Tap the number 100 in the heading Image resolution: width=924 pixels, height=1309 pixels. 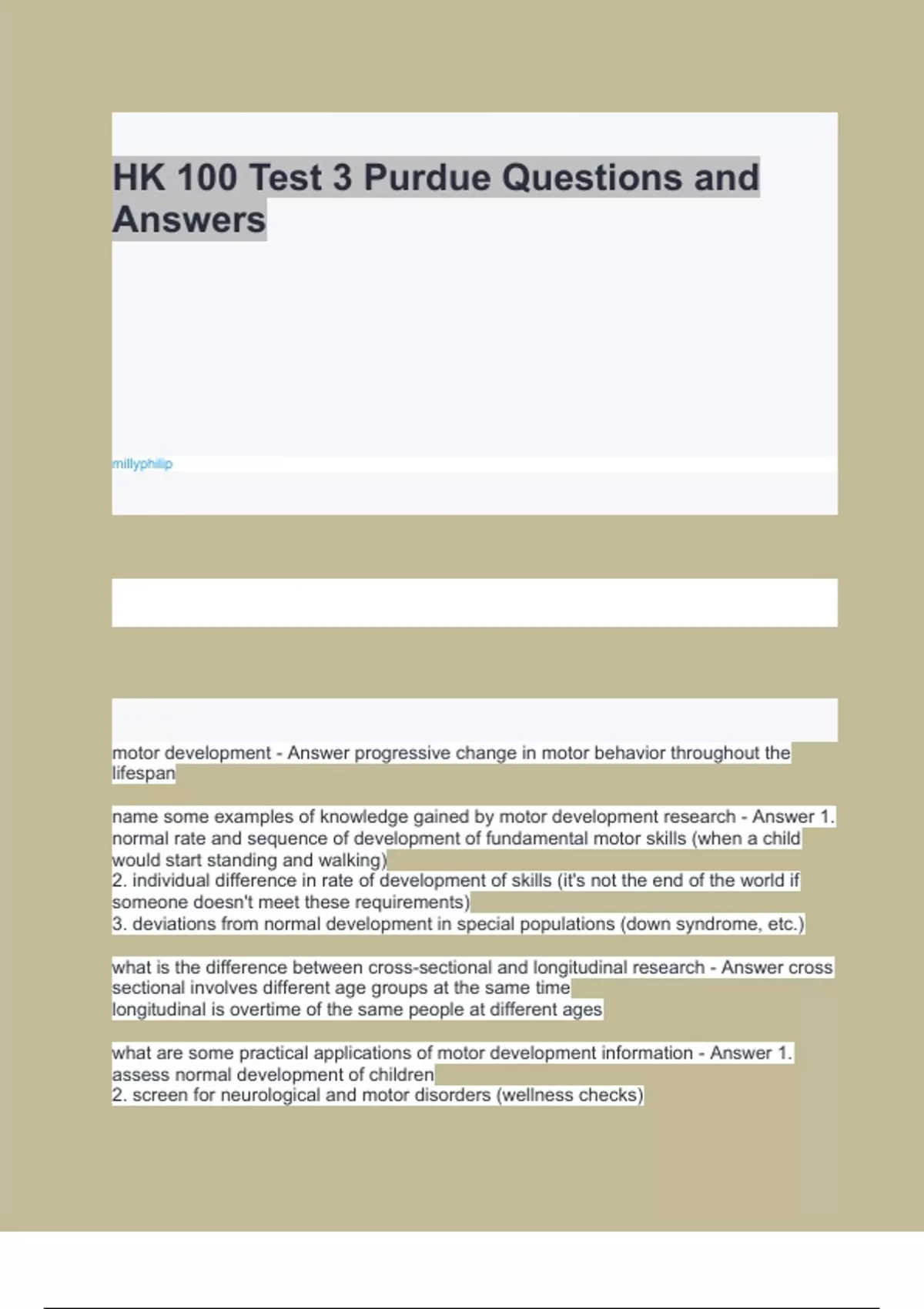pos(207,178)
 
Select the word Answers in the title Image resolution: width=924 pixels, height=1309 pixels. pos(189,220)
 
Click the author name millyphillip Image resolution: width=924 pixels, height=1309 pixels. pos(142,464)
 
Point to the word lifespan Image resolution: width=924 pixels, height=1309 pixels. pos(144,774)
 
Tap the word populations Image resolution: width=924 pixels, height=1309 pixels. pos(567,924)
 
